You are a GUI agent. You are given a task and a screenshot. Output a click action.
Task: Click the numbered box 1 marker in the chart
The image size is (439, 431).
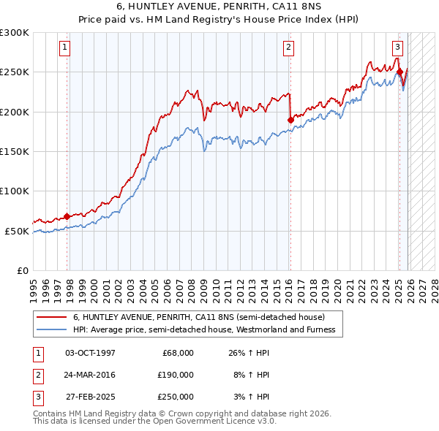point(65,47)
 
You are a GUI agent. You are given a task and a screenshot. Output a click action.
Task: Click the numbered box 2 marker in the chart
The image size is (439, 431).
point(288,47)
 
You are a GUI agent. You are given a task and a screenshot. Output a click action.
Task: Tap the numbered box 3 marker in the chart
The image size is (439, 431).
point(397,47)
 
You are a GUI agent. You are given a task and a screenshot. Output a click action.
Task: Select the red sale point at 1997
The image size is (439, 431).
point(67,216)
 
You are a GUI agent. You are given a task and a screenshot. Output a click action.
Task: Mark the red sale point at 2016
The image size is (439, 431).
point(290,120)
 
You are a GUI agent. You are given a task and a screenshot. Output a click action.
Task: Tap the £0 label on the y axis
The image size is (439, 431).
point(21,270)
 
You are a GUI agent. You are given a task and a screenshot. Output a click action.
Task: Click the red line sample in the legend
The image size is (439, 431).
point(52,317)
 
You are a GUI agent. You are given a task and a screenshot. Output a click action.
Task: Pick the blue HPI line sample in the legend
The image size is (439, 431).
point(52,329)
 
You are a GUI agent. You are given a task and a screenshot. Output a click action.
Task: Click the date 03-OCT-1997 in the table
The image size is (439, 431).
point(90,353)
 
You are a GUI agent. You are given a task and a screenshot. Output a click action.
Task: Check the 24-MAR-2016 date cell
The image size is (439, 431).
point(90,375)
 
